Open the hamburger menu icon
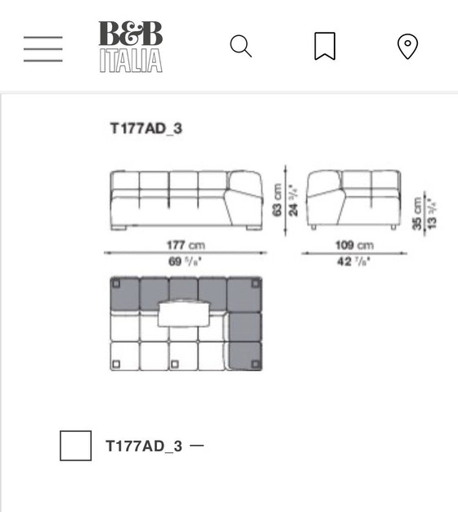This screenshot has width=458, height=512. (x=43, y=48)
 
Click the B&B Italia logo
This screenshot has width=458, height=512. (x=131, y=47)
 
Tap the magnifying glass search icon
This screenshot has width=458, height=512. (x=240, y=47)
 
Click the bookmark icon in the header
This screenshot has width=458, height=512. (x=325, y=47)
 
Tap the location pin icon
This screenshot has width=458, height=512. (x=407, y=47)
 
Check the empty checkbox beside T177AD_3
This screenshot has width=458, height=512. (x=75, y=446)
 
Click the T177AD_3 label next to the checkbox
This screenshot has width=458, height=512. (x=144, y=446)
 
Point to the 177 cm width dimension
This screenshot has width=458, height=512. (x=186, y=245)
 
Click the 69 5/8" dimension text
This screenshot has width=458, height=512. (x=186, y=261)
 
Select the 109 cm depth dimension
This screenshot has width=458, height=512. (x=353, y=245)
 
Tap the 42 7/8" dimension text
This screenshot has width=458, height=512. (x=353, y=261)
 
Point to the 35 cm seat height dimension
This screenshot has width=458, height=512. (x=416, y=213)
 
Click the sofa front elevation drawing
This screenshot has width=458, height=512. (x=186, y=201)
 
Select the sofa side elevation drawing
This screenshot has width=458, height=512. (x=353, y=201)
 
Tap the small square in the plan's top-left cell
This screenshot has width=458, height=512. (x=117, y=285)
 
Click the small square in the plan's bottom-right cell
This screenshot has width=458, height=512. (x=254, y=363)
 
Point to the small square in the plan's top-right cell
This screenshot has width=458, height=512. (x=254, y=285)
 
